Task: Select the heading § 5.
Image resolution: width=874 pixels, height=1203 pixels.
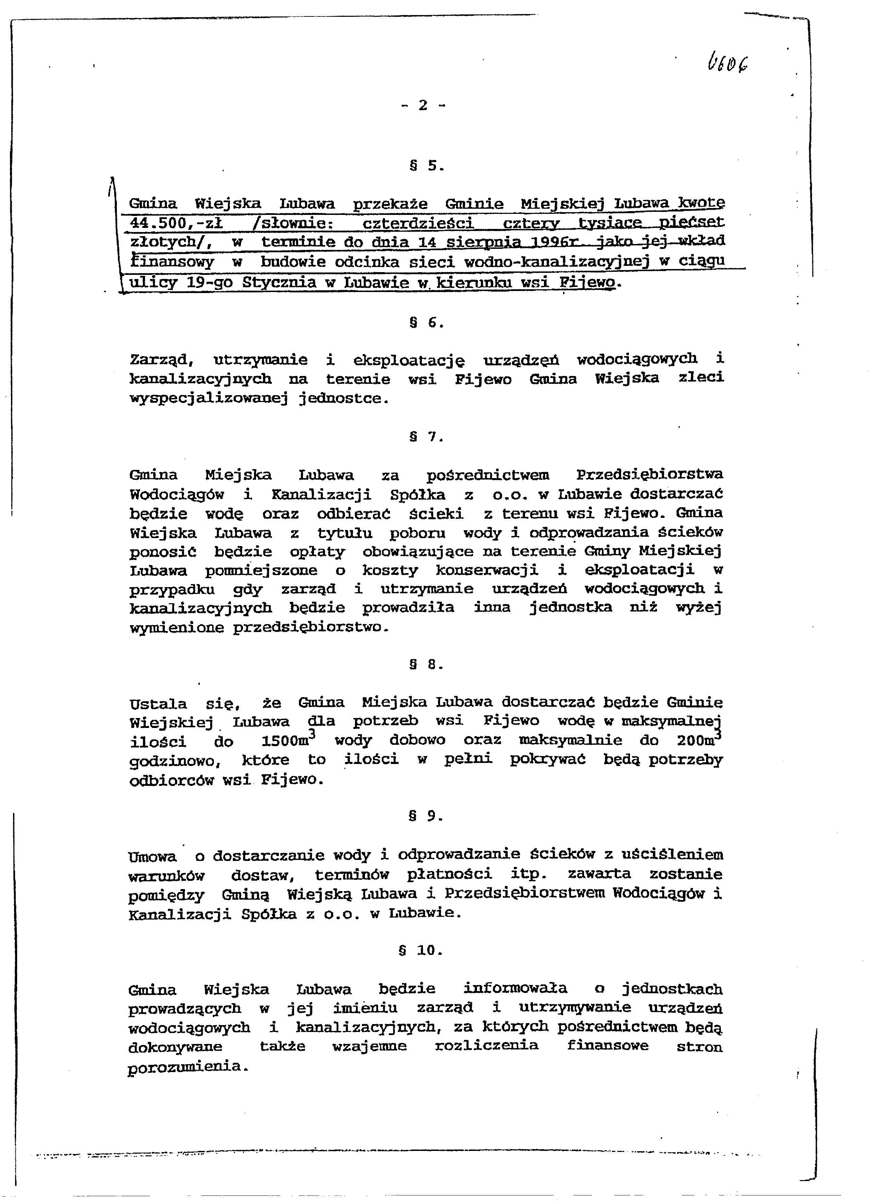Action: [x=426, y=166]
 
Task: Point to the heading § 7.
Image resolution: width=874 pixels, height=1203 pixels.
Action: [x=426, y=437]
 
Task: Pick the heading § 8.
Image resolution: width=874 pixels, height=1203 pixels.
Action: [x=426, y=664]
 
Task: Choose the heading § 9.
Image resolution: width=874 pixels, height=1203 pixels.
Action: [x=426, y=816]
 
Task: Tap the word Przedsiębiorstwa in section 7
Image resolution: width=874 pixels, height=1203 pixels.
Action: [x=649, y=474]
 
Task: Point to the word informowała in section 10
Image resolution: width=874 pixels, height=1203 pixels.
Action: [x=515, y=988]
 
